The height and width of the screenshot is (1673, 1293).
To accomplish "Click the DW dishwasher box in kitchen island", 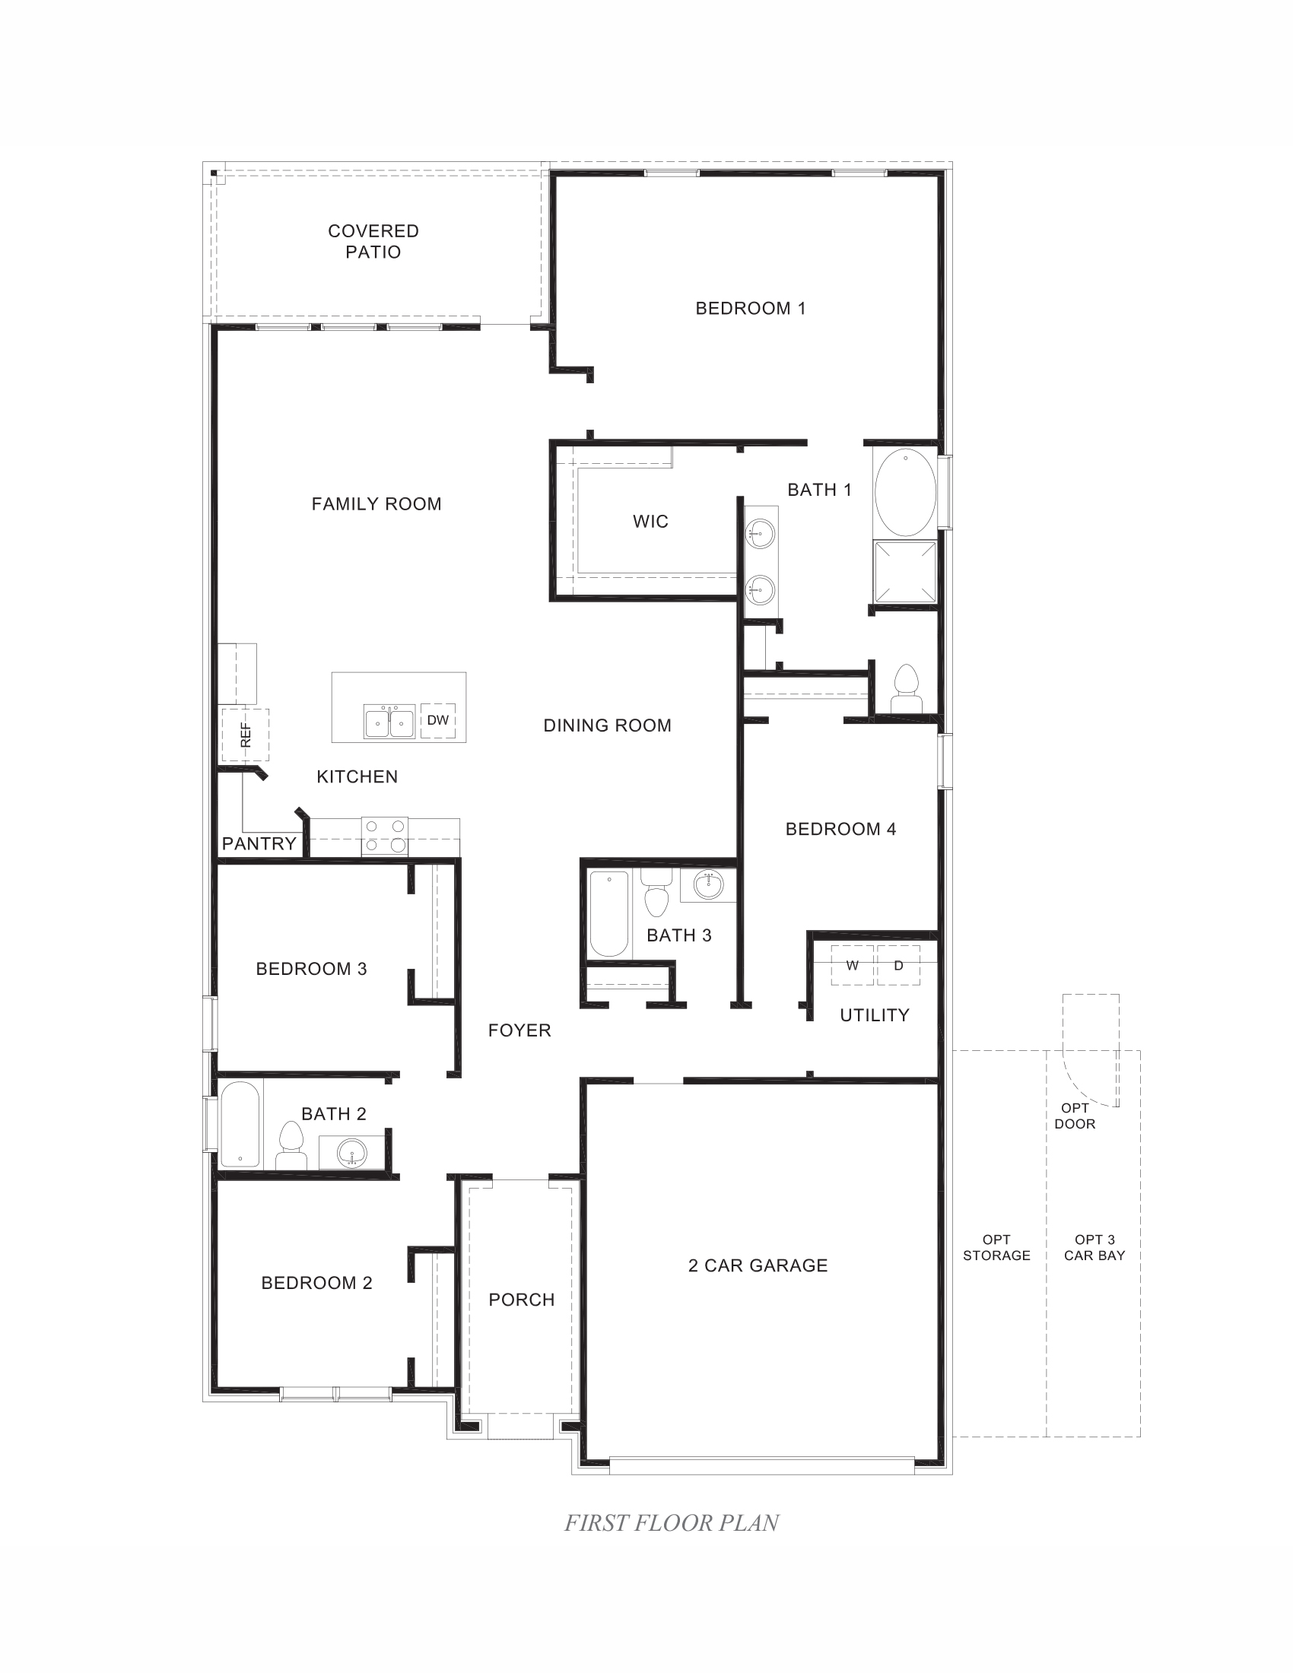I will pos(438,720).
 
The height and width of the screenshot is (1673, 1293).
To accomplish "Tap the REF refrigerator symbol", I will pos(245,735).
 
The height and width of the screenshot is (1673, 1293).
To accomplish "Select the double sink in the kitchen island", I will pos(389,722).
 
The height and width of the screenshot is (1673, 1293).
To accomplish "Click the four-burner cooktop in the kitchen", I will pos(385,836).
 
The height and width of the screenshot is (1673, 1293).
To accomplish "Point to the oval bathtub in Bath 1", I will pos(904,493).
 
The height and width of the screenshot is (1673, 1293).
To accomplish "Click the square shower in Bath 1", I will pos(904,571).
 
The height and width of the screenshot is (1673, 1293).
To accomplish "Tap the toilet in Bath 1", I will pos(906,688).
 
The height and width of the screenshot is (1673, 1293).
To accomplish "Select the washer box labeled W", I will pos(852,966).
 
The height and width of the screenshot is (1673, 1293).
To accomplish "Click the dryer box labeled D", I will pos(898,966).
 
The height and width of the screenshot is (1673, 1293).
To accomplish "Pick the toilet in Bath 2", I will pos(291,1145).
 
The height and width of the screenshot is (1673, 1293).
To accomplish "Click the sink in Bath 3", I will pos(709,884).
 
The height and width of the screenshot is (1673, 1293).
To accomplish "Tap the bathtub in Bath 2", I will pos(240,1124).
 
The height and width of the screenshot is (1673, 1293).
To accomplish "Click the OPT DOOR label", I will pos(1075,1116).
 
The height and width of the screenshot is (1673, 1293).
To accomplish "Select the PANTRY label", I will pos(259,844).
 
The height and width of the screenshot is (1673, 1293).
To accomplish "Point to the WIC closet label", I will pos(650,522).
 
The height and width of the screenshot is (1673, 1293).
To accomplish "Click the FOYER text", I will pos(519,1030).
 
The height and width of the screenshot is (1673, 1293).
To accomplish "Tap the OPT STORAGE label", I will pos(996,1248).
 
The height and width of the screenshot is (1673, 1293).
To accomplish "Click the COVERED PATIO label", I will pos(373,241).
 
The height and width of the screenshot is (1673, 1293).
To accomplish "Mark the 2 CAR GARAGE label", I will pos(758,1265).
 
